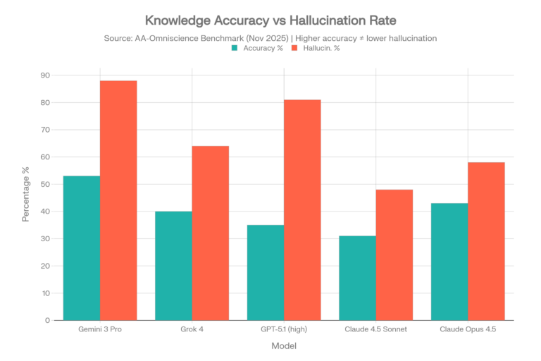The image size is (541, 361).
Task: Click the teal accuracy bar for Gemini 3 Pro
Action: pyautogui.click(x=80, y=247)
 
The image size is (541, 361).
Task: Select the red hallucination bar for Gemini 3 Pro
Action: pyautogui.click(x=118, y=200)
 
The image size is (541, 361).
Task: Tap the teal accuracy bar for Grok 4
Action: pyautogui.click(x=173, y=266)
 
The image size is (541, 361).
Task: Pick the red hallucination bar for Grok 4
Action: pyautogui.click(x=211, y=233)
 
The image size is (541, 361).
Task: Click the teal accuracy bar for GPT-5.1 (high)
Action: pyautogui.click(x=265, y=272)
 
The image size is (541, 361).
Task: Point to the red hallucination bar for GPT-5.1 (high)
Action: pyautogui.click(x=303, y=209)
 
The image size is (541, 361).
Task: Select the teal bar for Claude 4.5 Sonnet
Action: pyautogui.click(x=357, y=278)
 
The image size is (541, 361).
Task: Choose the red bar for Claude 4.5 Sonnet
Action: pyautogui.click(x=394, y=255)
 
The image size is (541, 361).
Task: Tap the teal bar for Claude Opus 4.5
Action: pyautogui.click(x=449, y=262)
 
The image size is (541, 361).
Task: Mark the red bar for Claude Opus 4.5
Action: pyautogui.click(x=487, y=241)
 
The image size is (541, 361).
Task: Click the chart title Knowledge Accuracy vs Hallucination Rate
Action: pyautogui.click(x=270, y=20)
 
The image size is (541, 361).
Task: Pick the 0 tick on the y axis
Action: pyautogui.click(x=48, y=321)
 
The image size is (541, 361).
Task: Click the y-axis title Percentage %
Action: pyautogui.click(x=26, y=198)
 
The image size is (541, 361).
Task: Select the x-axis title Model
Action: pyautogui.click(x=283, y=346)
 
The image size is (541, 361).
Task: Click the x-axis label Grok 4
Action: pyautogui.click(x=192, y=330)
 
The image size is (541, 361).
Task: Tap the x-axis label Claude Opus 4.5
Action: pyautogui.click(x=468, y=330)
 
